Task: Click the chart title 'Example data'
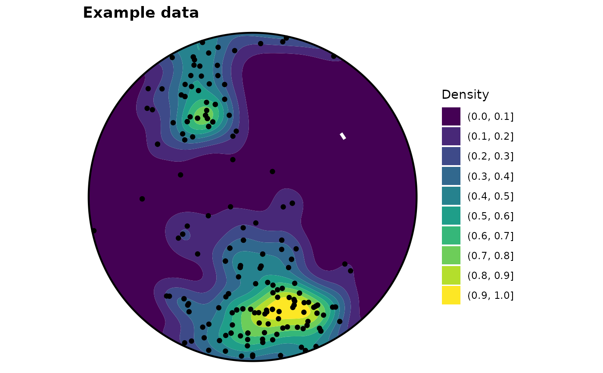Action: click(x=141, y=13)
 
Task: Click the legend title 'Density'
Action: click(x=465, y=94)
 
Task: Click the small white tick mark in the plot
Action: click(x=343, y=136)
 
